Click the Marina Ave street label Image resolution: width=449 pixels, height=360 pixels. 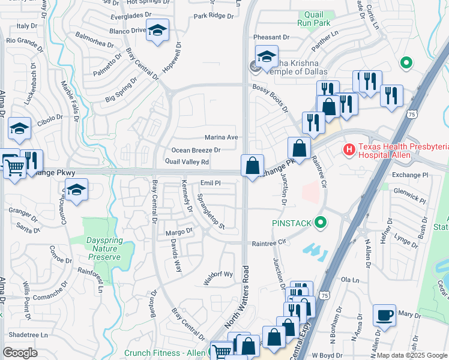pos(221,137)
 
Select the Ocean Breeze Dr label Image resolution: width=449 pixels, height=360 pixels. pos(196,150)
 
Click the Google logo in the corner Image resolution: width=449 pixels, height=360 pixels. pos(20,353)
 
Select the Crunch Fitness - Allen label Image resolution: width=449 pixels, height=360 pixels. pos(164,353)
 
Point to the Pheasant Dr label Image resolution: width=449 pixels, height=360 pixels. pos(271,37)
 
